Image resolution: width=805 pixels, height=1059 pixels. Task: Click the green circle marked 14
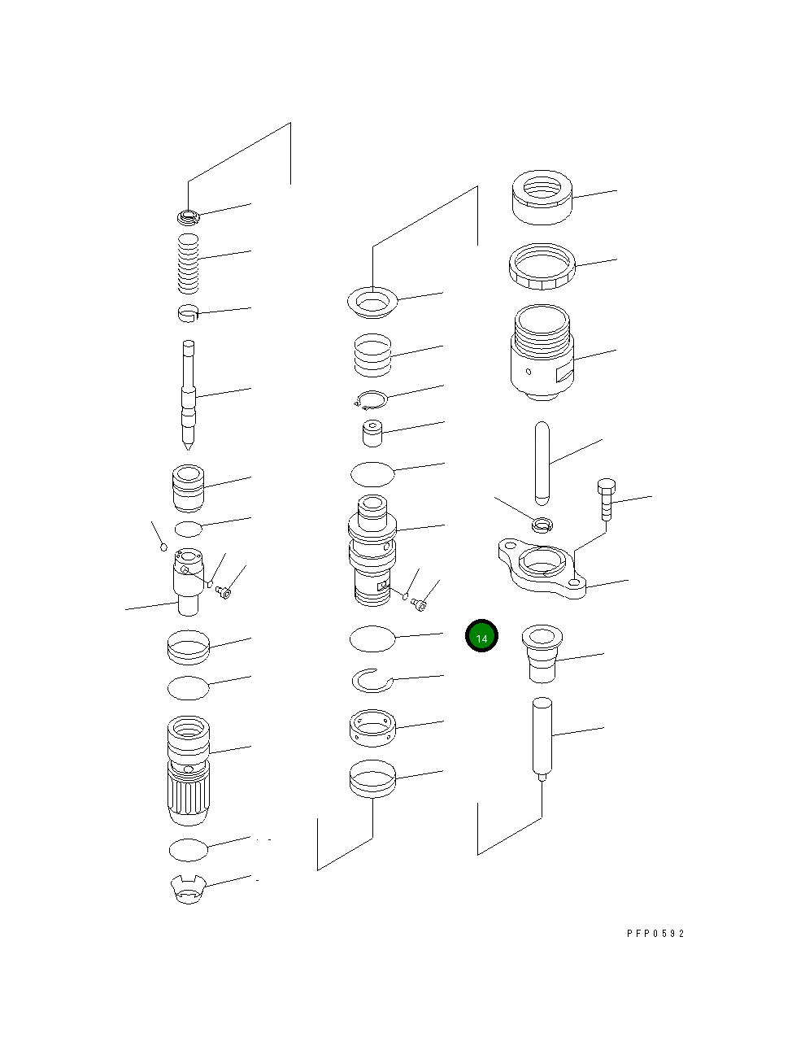tap(481, 636)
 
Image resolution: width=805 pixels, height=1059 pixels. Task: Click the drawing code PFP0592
tap(655, 934)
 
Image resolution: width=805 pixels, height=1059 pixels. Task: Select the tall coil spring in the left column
tap(189, 263)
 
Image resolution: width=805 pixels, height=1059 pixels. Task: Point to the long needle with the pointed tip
tap(189, 394)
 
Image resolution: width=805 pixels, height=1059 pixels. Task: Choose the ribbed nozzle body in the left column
tap(188, 769)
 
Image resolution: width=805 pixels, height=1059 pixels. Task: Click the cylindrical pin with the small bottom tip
tap(542, 736)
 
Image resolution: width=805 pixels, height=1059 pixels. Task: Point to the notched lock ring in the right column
tap(542, 266)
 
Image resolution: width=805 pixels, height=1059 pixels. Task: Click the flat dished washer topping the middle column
tap(373, 302)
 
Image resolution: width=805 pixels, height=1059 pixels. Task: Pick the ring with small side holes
tap(372, 728)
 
